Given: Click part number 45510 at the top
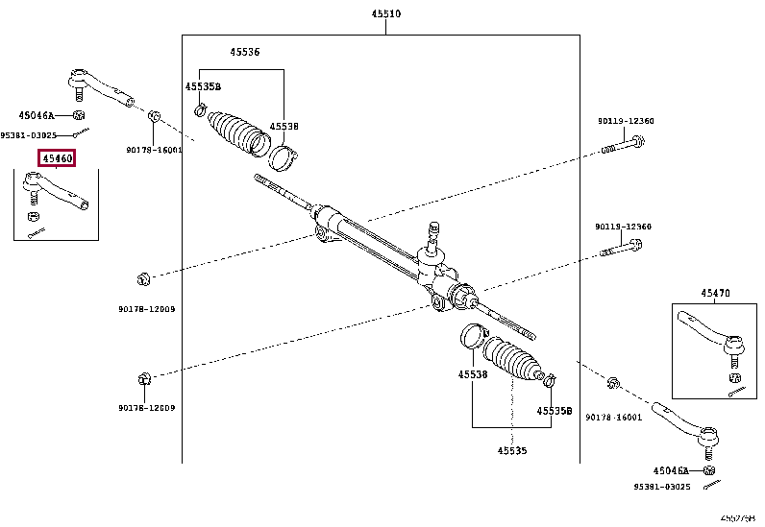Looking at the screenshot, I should [386, 14].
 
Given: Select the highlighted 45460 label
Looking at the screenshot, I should [56, 158].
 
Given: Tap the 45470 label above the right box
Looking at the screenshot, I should [714, 292].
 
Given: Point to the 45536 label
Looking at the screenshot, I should [244, 52].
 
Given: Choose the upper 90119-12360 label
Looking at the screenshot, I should [625, 121].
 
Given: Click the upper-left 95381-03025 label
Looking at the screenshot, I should [28, 135].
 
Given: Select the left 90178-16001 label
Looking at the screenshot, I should [154, 150].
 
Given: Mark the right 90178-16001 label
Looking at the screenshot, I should [612, 417].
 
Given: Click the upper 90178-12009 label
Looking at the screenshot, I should [147, 309].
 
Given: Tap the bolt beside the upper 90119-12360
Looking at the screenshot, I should [622, 145].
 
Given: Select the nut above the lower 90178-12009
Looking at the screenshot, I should [145, 378].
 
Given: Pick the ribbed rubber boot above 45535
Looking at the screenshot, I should [514, 360].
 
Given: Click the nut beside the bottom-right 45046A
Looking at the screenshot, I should [708, 470].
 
